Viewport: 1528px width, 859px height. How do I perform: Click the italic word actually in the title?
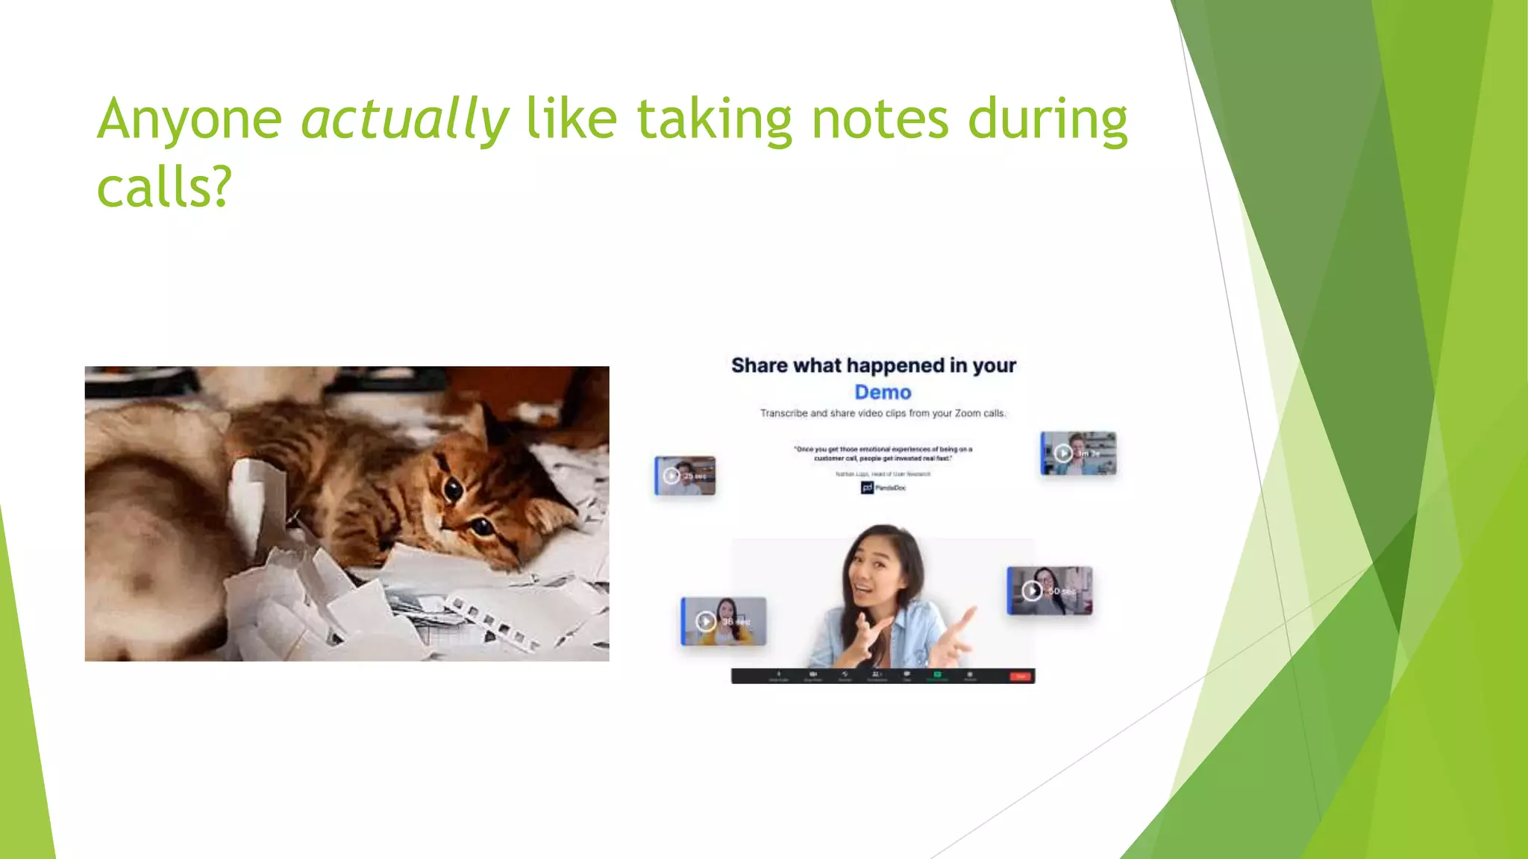(404, 119)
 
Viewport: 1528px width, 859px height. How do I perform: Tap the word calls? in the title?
(164, 187)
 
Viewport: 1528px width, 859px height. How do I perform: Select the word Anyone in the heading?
(190, 119)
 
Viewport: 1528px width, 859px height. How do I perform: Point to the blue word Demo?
(883, 392)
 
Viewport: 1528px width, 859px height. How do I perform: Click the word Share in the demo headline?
(759, 365)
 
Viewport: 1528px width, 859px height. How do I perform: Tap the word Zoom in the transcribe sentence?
(968, 413)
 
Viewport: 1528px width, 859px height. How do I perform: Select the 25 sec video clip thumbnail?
(685, 476)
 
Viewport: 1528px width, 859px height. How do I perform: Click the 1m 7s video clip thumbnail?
(1079, 453)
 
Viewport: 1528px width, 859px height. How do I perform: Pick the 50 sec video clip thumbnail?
(1050, 591)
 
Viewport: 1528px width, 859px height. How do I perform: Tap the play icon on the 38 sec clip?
(705, 621)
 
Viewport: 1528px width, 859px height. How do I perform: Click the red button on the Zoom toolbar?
(1020, 676)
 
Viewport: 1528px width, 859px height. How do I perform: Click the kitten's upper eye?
(453, 489)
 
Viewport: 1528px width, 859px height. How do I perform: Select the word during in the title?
(1047, 119)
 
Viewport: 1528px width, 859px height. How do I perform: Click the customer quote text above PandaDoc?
(883, 453)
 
